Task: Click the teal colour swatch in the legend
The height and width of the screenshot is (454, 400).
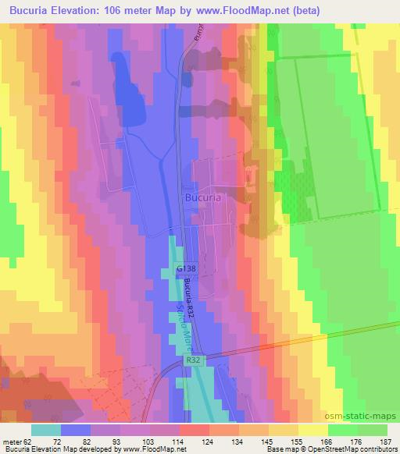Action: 47,429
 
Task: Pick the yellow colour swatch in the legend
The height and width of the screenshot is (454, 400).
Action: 314,429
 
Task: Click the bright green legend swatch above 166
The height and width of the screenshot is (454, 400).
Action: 343,429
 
